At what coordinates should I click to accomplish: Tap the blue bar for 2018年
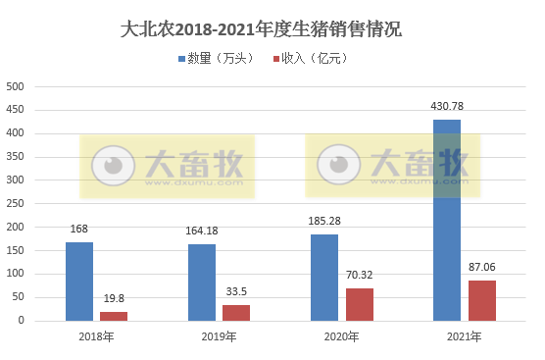click(x=79, y=281)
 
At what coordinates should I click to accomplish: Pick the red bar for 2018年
click(x=114, y=316)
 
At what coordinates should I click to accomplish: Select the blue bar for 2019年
click(x=202, y=282)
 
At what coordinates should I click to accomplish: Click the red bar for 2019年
click(x=236, y=312)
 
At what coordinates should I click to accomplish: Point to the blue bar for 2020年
click(x=324, y=277)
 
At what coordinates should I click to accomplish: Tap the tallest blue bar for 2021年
click(x=447, y=220)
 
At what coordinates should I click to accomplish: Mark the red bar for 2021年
click(x=481, y=300)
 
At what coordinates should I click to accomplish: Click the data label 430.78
click(x=447, y=106)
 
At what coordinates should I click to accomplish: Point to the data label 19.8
click(x=114, y=298)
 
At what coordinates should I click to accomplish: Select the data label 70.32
click(x=359, y=275)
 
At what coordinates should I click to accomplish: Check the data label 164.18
click(x=202, y=231)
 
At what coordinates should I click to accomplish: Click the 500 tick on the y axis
click(x=16, y=86)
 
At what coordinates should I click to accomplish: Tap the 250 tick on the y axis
click(x=16, y=203)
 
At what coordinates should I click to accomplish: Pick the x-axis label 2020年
click(x=341, y=337)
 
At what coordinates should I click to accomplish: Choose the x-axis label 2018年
click(x=96, y=337)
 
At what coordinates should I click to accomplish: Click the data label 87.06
click(x=481, y=267)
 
